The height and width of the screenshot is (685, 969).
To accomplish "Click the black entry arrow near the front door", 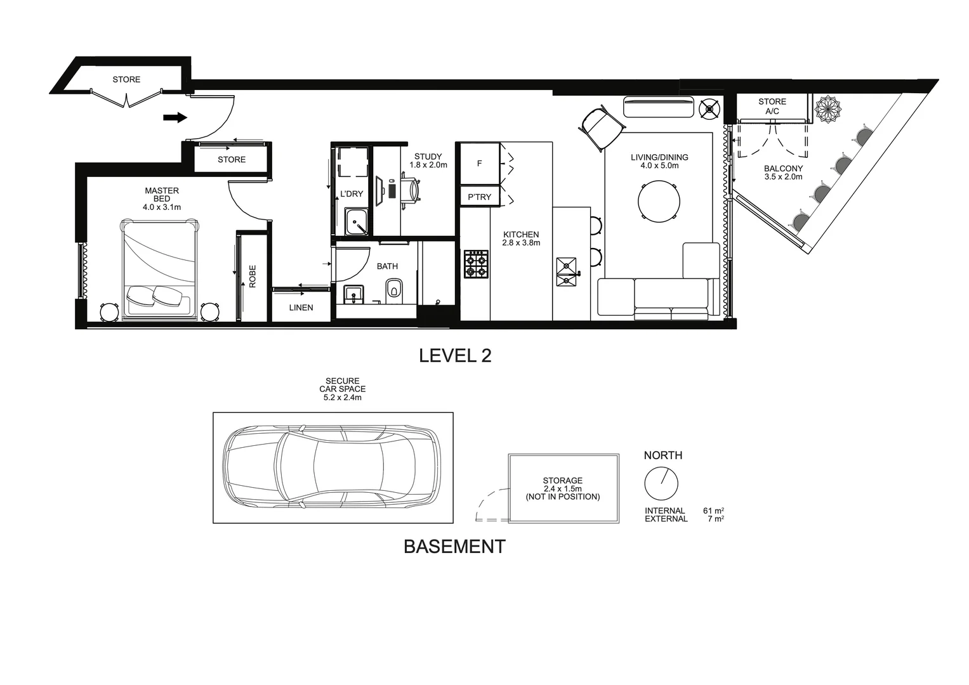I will tap(175, 117).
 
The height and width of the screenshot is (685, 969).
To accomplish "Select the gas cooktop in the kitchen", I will tap(476, 264).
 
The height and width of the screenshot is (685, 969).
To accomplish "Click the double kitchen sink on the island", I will tap(566, 273).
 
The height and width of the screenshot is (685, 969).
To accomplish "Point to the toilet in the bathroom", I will tap(394, 291).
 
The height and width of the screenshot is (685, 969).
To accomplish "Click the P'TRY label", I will tap(479, 197).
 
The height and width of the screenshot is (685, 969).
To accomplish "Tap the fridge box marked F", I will tap(479, 164).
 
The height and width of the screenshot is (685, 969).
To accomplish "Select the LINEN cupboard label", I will tap(301, 308).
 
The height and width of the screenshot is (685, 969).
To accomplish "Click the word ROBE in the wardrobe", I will tap(253, 277).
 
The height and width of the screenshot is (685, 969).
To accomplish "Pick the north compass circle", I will tap(661, 484).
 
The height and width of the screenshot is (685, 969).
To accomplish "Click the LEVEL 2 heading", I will tap(455, 356).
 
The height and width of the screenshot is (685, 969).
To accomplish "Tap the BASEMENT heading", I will tap(454, 547).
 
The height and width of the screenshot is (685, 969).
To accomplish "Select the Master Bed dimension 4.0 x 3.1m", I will tap(162, 207).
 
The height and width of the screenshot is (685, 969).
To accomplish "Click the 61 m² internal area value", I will tap(713, 511).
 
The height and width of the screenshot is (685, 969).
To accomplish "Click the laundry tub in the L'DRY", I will tap(356, 221).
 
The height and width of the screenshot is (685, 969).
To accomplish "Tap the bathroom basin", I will tap(353, 294).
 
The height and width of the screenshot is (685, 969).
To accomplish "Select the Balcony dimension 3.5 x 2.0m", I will tap(783, 177).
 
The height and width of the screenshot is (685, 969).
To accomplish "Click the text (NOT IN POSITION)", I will tap(562, 497).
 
